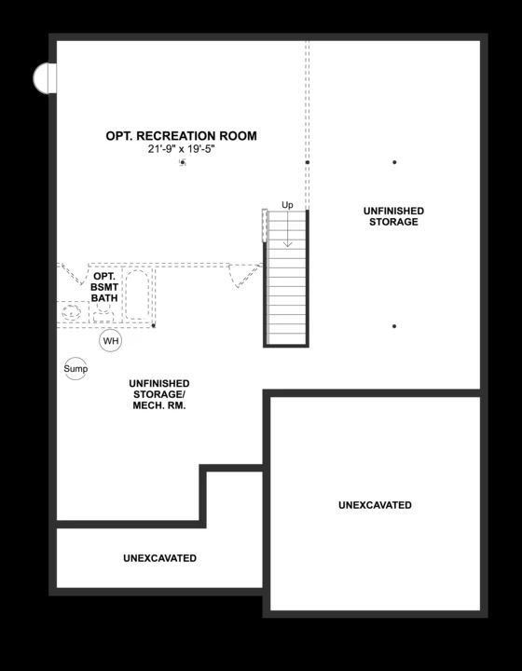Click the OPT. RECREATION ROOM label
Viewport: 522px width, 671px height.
[x=181, y=136]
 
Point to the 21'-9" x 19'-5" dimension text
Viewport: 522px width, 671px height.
[x=181, y=149]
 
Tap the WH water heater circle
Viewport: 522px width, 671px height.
[x=111, y=341]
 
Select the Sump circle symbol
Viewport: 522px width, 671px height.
[x=76, y=369]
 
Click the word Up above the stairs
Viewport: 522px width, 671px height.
[x=287, y=205]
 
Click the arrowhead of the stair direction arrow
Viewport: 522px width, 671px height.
[x=287, y=243]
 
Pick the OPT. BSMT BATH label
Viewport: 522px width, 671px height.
[x=104, y=288]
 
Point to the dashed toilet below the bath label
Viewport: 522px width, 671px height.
[x=103, y=310]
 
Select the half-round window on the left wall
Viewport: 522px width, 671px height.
[x=42, y=78]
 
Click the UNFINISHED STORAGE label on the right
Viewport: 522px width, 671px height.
[x=392, y=217]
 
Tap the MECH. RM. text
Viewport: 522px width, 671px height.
[x=159, y=406]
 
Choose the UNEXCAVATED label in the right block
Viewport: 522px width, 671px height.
[x=375, y=505]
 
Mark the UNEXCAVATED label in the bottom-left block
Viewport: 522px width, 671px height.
[x=159, y=558]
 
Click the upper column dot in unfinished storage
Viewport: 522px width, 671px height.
[x=394, y=162]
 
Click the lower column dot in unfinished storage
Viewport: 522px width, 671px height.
[x=394, y=326]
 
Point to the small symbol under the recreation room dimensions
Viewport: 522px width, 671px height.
[x=182, y=162]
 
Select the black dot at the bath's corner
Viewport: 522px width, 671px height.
[x=154, y=326]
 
